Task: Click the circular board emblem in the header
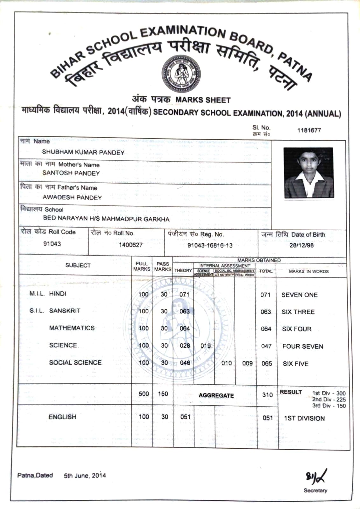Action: (x=181, y=74)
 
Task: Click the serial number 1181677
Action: (x=309, y=130)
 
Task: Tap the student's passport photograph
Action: (x=308, y=173)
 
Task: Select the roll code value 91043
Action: (x=52, y=244)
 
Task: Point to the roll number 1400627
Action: (x=131, y=245)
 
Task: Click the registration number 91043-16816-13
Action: (x=210, y=245)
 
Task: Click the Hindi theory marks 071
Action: (x=184, y=295)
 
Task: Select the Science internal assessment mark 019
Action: (x=206, y=345)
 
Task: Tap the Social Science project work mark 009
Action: (x=247, y=363)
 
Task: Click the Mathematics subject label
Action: (x=72, y=328)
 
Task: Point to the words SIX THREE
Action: (x=298, y=312)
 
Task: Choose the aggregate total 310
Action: (x=267, y=395)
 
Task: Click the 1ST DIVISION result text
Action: (x=304, y=418)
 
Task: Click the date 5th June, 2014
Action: (x=85, y=476)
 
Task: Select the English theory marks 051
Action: (x=185, y=417)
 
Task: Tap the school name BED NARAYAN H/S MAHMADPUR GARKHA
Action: (x=106, y=219)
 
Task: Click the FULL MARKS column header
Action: (x=142, y=266)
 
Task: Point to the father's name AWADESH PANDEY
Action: (x=72, y=197)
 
